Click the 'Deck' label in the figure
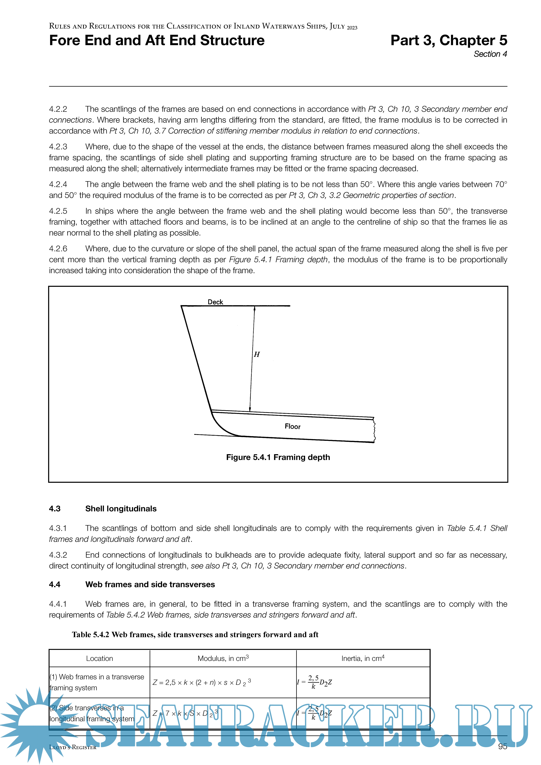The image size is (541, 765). pos(215,302)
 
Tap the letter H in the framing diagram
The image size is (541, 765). pos(257,355)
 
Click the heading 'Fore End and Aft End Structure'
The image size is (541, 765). pos(157,40)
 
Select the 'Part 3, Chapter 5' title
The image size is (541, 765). pos(449,40)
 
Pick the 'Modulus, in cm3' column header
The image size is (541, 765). pos(223,658)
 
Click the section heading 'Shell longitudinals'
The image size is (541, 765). pos(121,509)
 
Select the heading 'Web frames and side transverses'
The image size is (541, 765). pos(150,584)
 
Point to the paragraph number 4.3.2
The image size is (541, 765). pos(58,555)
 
